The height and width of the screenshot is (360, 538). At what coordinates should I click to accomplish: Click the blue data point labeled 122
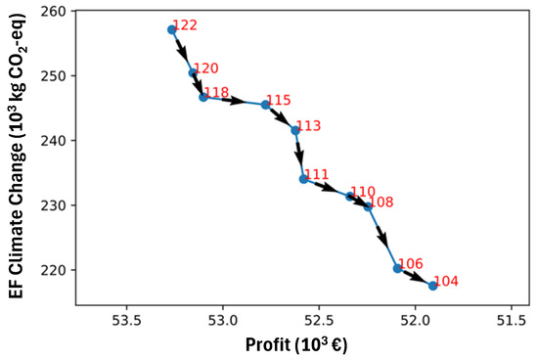pyautogui.click(x=171, y=29)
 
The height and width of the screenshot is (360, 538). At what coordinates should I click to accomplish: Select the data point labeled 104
pyautogui.click(x=432, y=286)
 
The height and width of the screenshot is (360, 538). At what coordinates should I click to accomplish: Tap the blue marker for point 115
pyautogui.click(x=265, y=105)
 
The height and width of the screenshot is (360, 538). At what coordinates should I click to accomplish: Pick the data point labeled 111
pyautogui.click(x=303, y=179)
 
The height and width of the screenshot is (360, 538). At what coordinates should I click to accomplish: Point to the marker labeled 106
pyautogui.click(x=397, y=268)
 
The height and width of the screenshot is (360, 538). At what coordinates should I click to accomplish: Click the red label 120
pyautogui.click(x=206, y=69)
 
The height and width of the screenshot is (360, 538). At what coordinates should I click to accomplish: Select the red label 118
pyautogui.click(x=216, y=93)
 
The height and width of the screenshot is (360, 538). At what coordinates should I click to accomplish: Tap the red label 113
pyautogui.click(x=308, y=126)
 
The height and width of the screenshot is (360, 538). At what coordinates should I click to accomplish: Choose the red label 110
pyautogui.click(x=362, y=192)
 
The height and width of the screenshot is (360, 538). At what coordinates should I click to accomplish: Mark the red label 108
pyautogui.click(x=381, y=202)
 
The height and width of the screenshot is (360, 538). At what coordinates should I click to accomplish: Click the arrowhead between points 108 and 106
pyautogui.click(x=384, y=240)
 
